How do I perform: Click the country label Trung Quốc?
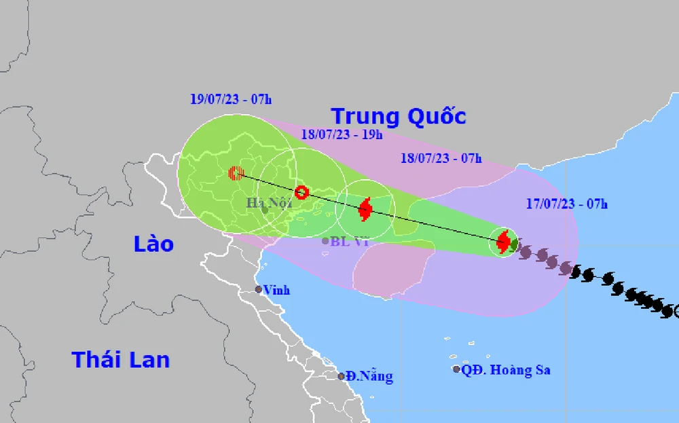point(399,116)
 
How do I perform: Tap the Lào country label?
point(153,244)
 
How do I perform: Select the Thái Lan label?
point(121,359)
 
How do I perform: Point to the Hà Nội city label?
point(269,202)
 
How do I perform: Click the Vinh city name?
point(277,290)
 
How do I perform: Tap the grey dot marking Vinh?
point(259,289)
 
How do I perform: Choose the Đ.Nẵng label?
point(369,376)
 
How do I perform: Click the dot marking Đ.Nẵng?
point(342,376)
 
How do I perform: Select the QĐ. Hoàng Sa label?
point(506,370)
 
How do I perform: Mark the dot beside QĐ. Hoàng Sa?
point(456,369)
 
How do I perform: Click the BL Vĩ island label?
point(349,241)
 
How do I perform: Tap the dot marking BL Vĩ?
point(325,241)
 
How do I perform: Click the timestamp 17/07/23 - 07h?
point(567,202)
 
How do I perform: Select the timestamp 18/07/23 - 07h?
point(441,159)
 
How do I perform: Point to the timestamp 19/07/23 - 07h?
point(231,99)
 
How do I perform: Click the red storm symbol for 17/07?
point(504,241)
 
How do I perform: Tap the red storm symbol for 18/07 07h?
point(365,209)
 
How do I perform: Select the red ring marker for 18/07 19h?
point(302,192)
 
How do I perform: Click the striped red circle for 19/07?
point(236,173)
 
